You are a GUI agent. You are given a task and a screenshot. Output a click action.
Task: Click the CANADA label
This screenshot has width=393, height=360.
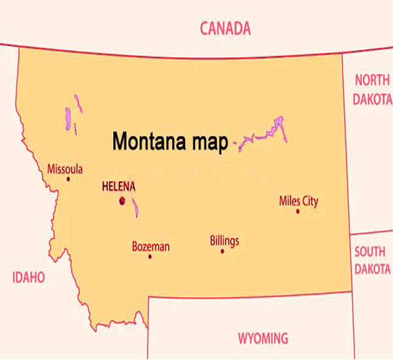(225, 28)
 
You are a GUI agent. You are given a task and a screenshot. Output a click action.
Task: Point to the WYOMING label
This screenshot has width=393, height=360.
(263, 338)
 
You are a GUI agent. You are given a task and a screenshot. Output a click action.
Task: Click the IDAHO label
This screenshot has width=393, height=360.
(29, 277)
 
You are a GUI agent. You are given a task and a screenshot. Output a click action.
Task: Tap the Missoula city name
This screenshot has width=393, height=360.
(65, 169)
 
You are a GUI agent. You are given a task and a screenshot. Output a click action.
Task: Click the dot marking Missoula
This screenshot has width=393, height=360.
(68, 179)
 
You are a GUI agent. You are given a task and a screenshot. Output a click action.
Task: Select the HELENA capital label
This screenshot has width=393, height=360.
(119, 187)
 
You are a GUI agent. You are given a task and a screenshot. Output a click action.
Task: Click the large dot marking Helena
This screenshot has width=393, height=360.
(122, 201)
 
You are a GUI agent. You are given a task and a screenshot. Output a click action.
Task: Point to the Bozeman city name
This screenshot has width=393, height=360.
(151, 247)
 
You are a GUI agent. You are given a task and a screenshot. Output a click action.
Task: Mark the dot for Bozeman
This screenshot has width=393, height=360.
(150, 257)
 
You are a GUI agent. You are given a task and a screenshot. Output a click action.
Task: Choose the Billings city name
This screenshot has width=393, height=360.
(225, 241)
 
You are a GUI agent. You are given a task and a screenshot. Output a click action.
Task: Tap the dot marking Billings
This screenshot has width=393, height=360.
(222, 251)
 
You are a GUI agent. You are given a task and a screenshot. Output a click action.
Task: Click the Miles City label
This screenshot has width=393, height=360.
(299, 201)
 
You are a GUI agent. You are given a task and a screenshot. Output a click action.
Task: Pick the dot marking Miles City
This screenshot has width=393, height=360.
(298, 211)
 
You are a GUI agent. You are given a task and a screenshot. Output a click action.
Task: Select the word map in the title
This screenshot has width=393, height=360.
(208, 143)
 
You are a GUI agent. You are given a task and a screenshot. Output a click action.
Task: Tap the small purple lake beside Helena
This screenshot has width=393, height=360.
(135, 208)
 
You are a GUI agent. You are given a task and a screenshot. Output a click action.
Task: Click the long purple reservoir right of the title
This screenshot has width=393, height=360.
(265, 133)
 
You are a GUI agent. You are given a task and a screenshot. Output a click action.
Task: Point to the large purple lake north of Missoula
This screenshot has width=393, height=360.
(68, 119)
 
